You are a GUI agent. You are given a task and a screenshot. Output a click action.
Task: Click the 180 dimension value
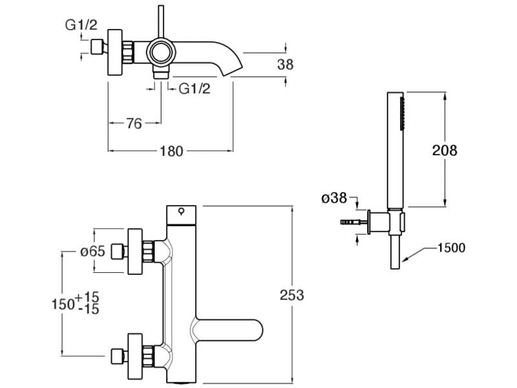172,151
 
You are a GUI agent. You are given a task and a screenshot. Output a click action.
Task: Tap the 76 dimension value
133,124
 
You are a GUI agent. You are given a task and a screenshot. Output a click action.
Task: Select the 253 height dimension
292,295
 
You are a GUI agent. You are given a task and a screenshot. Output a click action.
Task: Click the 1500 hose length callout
451,248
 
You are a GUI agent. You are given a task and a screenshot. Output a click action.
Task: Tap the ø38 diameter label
334,199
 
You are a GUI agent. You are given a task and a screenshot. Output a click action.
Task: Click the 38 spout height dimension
285,64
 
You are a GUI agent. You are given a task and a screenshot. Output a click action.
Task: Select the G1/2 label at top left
81,26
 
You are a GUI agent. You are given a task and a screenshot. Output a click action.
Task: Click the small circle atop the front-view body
182,210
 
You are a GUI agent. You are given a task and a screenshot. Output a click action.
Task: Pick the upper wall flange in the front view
136,252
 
